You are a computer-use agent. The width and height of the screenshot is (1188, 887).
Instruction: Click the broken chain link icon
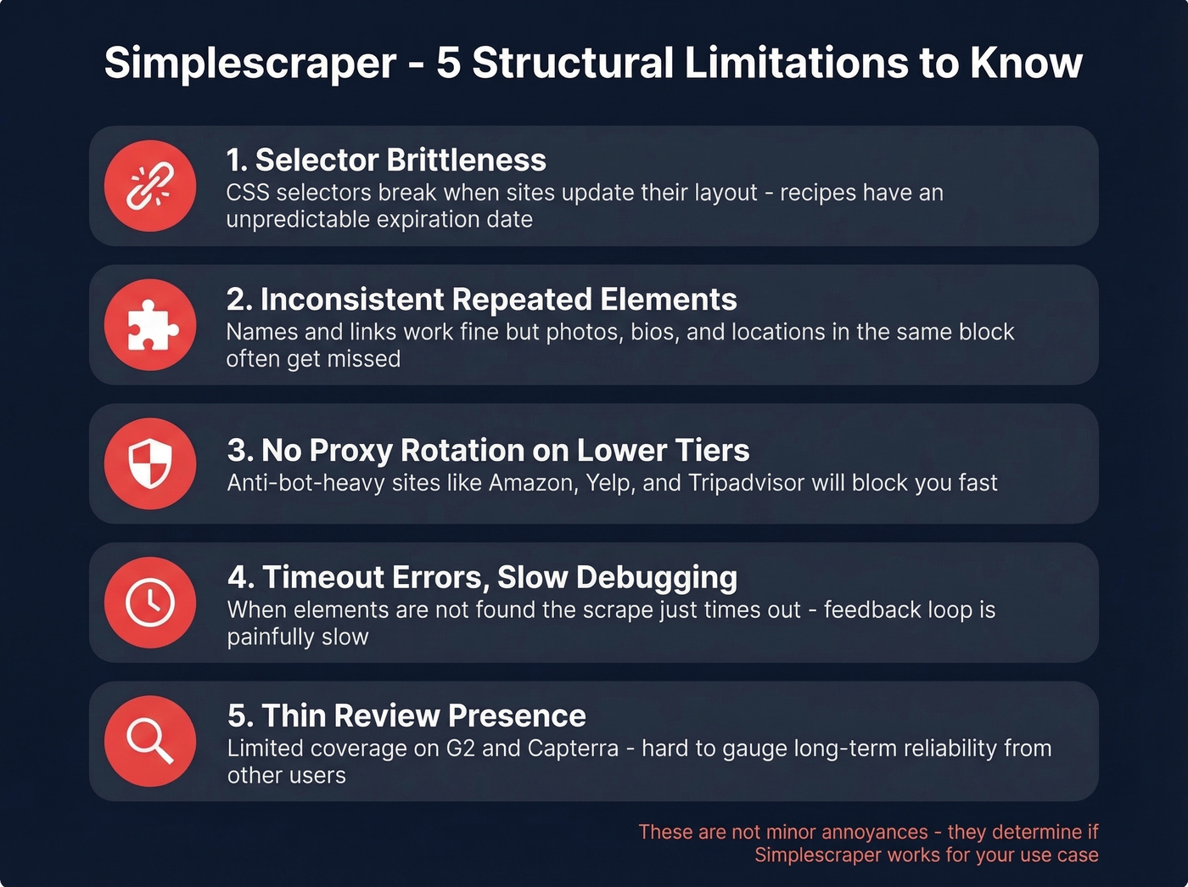point(150,186)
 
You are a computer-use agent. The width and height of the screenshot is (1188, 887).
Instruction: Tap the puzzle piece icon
point(150,325)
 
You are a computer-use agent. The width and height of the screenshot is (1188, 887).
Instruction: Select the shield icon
point(150,464)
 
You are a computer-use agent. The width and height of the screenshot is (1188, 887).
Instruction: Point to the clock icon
point(150,603)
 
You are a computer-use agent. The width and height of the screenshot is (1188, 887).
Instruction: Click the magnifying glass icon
point(150,741)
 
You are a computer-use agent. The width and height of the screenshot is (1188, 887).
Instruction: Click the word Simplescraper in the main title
point(250,64)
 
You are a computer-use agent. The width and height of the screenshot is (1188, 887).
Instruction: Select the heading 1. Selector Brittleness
point(386,160)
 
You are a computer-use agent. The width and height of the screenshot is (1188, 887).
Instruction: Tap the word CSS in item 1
point(248,193)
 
